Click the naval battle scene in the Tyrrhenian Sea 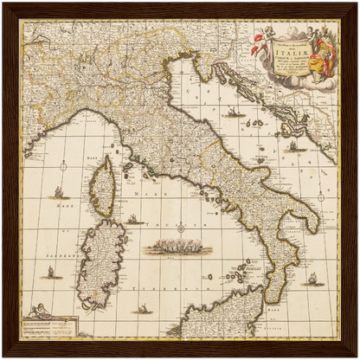(178, 247)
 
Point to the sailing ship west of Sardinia (49, 272)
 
